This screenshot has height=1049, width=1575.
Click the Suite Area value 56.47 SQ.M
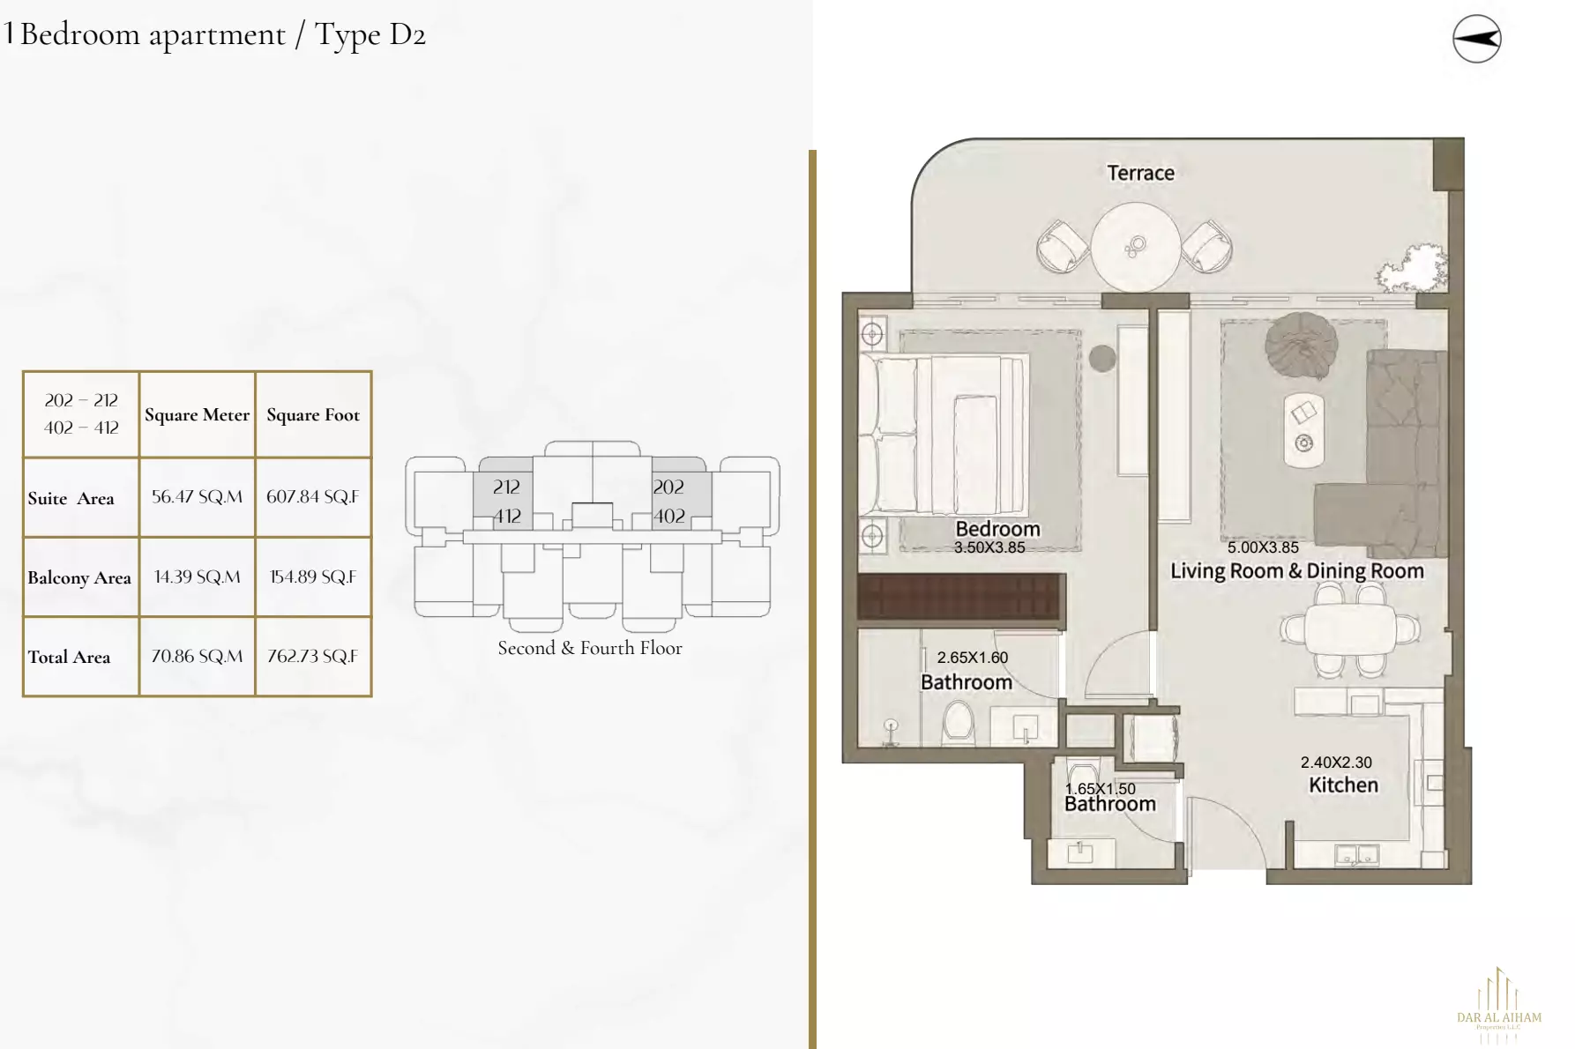coord(197,497)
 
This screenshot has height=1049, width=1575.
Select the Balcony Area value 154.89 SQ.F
coord(313,577)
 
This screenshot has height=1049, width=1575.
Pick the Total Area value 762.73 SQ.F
coord(313,657)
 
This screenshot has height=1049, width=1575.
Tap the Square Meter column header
coord(197,415)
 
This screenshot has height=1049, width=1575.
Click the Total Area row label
coord(70,658)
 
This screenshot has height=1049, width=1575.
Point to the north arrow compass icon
coord(1476,39)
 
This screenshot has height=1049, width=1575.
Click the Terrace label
coord(1140,173)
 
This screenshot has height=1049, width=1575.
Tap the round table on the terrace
coord(1135,247)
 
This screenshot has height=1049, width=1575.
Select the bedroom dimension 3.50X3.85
coord(989,547)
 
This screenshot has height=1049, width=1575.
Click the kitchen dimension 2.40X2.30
coord(1336,763)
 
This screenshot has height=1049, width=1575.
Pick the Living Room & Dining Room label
coord(1296,571)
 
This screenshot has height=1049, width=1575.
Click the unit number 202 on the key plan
coord(668,487)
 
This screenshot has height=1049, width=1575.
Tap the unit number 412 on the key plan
coord(507,517)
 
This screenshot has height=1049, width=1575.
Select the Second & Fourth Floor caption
coord(589,649)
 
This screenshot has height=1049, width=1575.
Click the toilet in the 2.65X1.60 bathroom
coord(958,723)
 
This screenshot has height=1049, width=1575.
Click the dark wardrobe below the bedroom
coord(960,597)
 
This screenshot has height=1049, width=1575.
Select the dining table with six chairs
coord(1350,630)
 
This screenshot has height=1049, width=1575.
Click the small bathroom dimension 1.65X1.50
coord(1101,789)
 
